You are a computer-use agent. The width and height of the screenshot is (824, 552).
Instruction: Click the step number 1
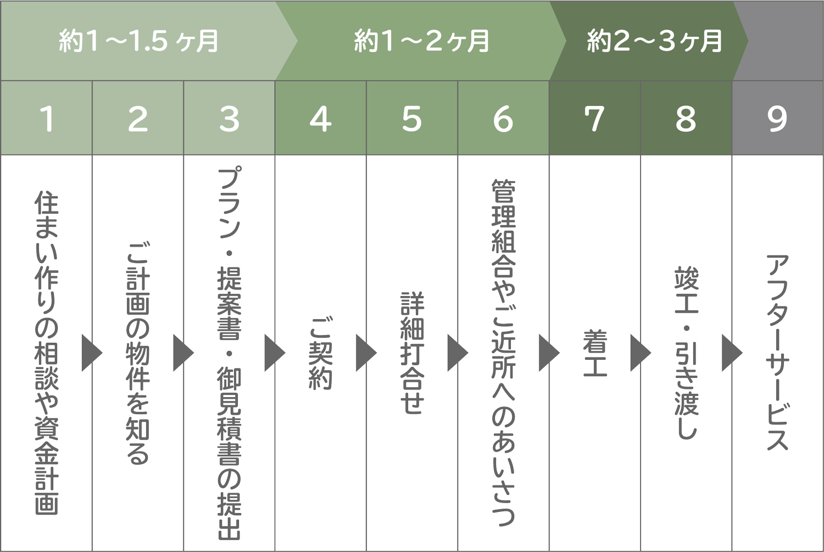tap(47, 119)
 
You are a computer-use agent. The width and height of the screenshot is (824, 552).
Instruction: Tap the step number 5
tap(411, 119)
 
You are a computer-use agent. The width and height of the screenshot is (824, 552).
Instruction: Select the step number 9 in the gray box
tap(777, 119)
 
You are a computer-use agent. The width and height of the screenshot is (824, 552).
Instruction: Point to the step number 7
tap(594, 119)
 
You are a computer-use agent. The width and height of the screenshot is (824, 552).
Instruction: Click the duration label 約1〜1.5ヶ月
tap(139, 41)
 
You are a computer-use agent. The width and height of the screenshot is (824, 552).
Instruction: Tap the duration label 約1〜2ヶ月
tap(421, 41)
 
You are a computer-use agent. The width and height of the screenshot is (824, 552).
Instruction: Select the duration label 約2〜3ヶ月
tap(654, 41)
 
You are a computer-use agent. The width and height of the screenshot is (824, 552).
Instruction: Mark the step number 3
tap(229, 119)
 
